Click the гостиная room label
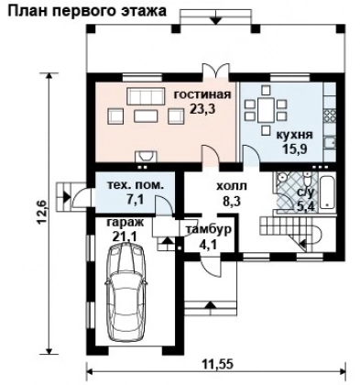tap(202, 94)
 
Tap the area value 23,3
tap(202, 108)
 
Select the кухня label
tap(294, 135)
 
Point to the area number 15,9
tap(294, 148)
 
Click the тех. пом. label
tap(135, 185)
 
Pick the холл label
tap(232, 186)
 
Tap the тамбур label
tap(209, 230)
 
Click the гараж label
tap(125, 223)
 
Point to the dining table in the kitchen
tap(266, 111)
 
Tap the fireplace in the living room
tap(146, 156)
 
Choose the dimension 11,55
tap(218, 364)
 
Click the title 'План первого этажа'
tap(87, 11)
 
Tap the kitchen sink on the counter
tap(330, 143)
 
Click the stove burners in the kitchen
tap(330, 116)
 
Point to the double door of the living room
tap(216, 70)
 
